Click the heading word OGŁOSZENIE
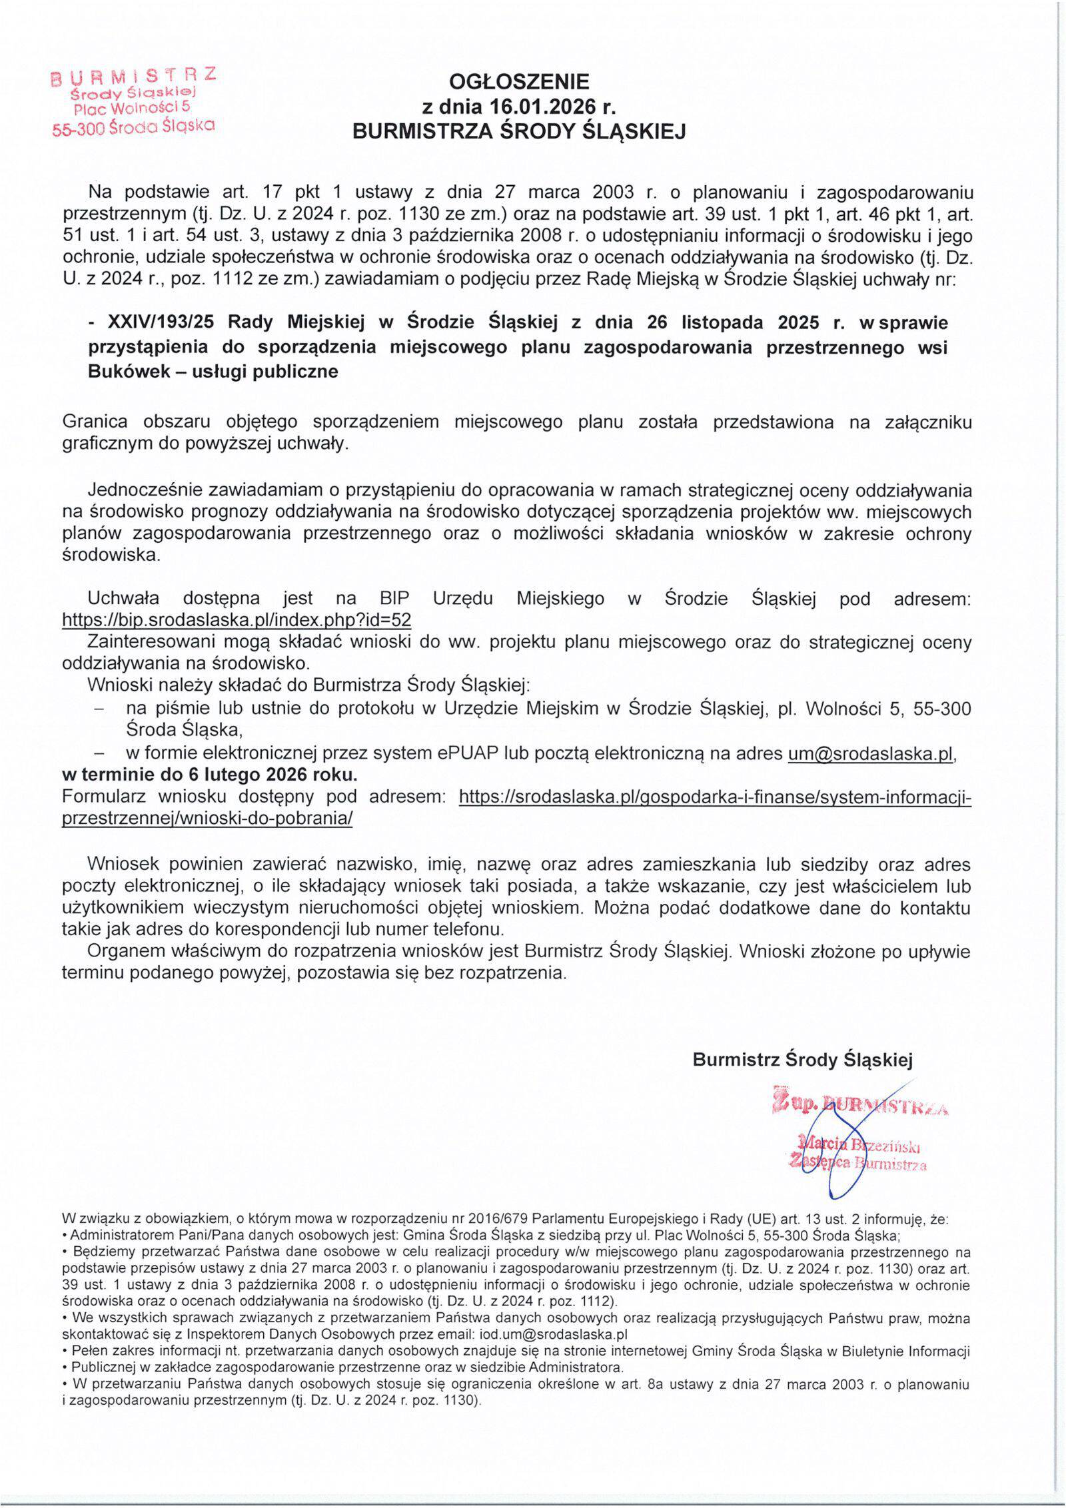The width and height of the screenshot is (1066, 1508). tap(519, 82)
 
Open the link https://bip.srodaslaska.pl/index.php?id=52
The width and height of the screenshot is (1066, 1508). tap(236, 620)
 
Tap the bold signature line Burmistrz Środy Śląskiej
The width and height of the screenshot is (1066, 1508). tap(803, 1060)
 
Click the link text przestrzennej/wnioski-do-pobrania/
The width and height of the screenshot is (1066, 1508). tap(207, 819)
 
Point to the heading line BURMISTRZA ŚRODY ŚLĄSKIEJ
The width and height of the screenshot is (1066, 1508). tap(519, 132)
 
